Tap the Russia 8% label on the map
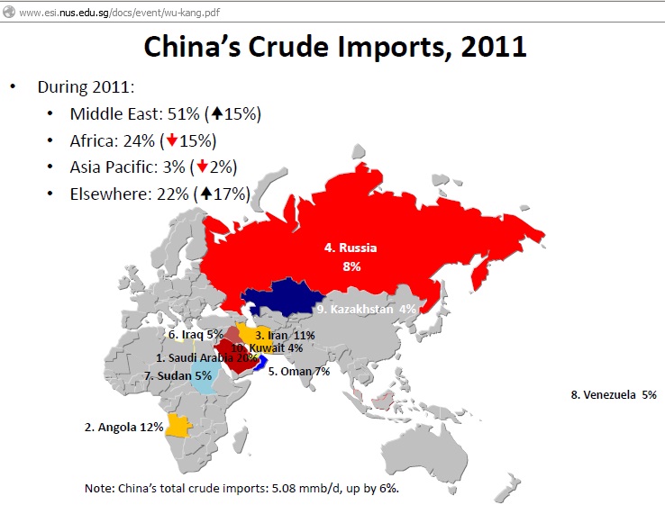(x=351, y=256)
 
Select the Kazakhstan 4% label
(x=367, y=309)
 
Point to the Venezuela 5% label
(x=614, y=394)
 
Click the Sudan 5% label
(x=178, y=375)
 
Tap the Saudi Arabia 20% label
(x=206, y=357)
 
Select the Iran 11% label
(x=285, y=335)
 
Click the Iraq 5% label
(x=196, y=335)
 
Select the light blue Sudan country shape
(x=204, y=378)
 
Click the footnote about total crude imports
(x=241, y=489)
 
